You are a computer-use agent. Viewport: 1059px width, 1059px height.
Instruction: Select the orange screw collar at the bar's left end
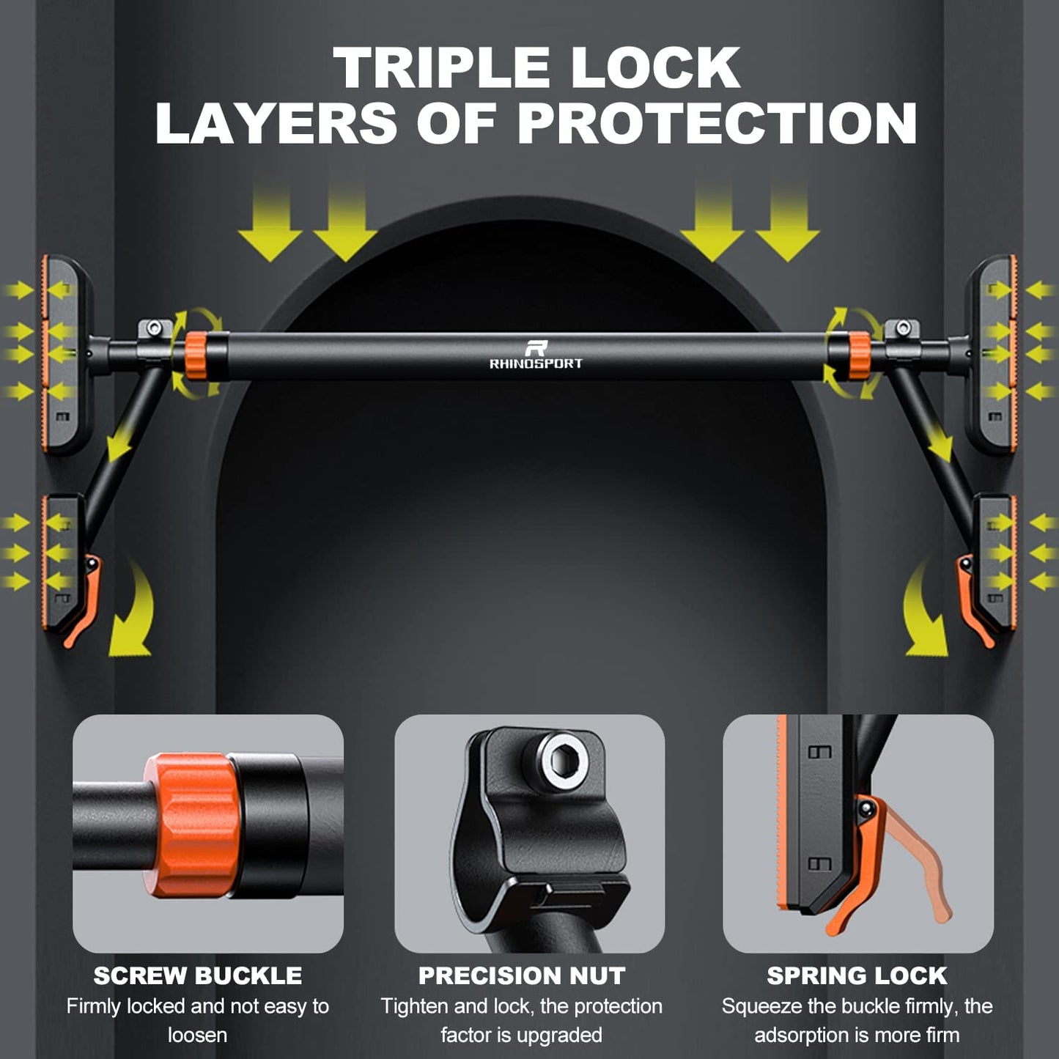click(x=196, y=355)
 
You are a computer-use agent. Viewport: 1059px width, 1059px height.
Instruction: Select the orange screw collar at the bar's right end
click(x=859, y=355)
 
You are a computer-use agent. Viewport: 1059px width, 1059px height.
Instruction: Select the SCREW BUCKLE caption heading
click(x=198, y=976)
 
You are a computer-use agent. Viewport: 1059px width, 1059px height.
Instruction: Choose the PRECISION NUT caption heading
click(x=522, y=976)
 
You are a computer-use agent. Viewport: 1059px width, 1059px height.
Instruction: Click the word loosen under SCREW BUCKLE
click(x=197, y=1036)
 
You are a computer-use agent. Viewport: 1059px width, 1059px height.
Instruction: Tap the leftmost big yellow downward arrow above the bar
click(x=270, y=220)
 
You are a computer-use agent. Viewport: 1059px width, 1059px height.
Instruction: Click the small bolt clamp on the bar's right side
click(x=901, y=335)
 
